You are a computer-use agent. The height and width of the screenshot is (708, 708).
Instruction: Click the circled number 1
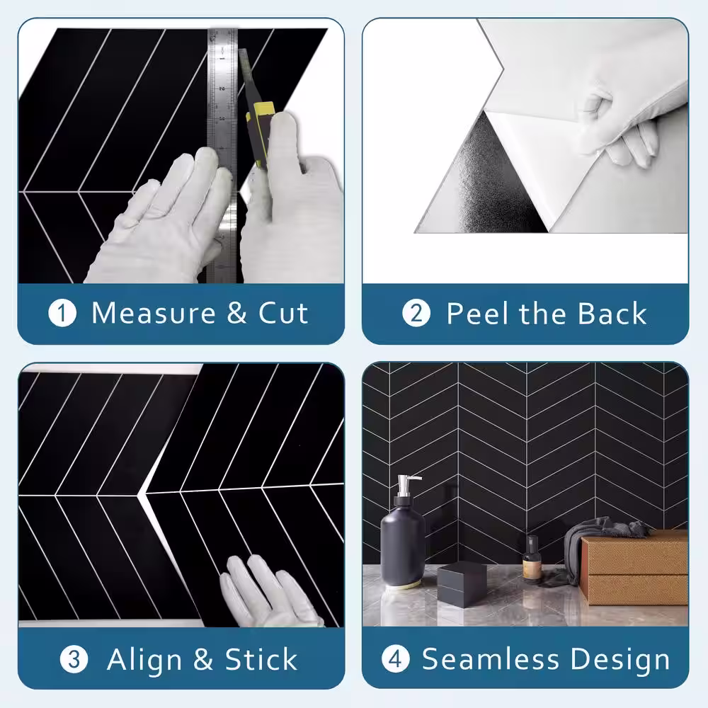(62, 314)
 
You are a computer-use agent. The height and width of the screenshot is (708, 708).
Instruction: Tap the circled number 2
(416, 314)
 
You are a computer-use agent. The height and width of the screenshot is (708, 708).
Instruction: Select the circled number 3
(74, 659)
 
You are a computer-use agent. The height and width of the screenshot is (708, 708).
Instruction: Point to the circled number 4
(396, 658)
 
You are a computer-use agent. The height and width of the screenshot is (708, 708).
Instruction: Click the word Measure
(154, 312)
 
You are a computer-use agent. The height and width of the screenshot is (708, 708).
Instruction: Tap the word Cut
(283, 312)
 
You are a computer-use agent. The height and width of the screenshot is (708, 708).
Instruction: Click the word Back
(612, 313)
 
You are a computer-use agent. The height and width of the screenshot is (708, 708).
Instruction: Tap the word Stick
(261, 659)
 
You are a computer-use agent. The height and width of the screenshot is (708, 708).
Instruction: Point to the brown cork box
(634, 568)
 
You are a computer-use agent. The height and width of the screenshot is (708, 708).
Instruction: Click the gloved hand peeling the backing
(622, 129)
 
